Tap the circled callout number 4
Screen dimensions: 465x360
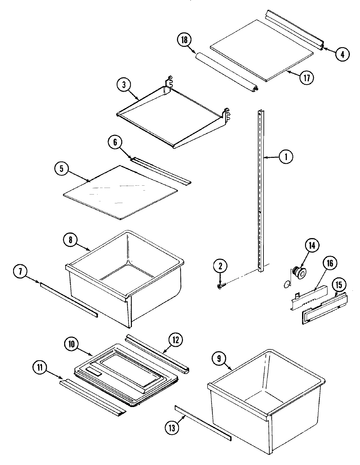[342, 54]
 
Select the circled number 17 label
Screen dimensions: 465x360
[307, 78]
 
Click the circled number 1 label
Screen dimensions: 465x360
[286, 157]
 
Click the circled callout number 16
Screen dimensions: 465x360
[330, 263]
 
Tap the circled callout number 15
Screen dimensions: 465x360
[339, 285]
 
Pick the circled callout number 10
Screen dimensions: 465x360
[72, 344]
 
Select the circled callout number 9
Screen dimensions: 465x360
[219, 359]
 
